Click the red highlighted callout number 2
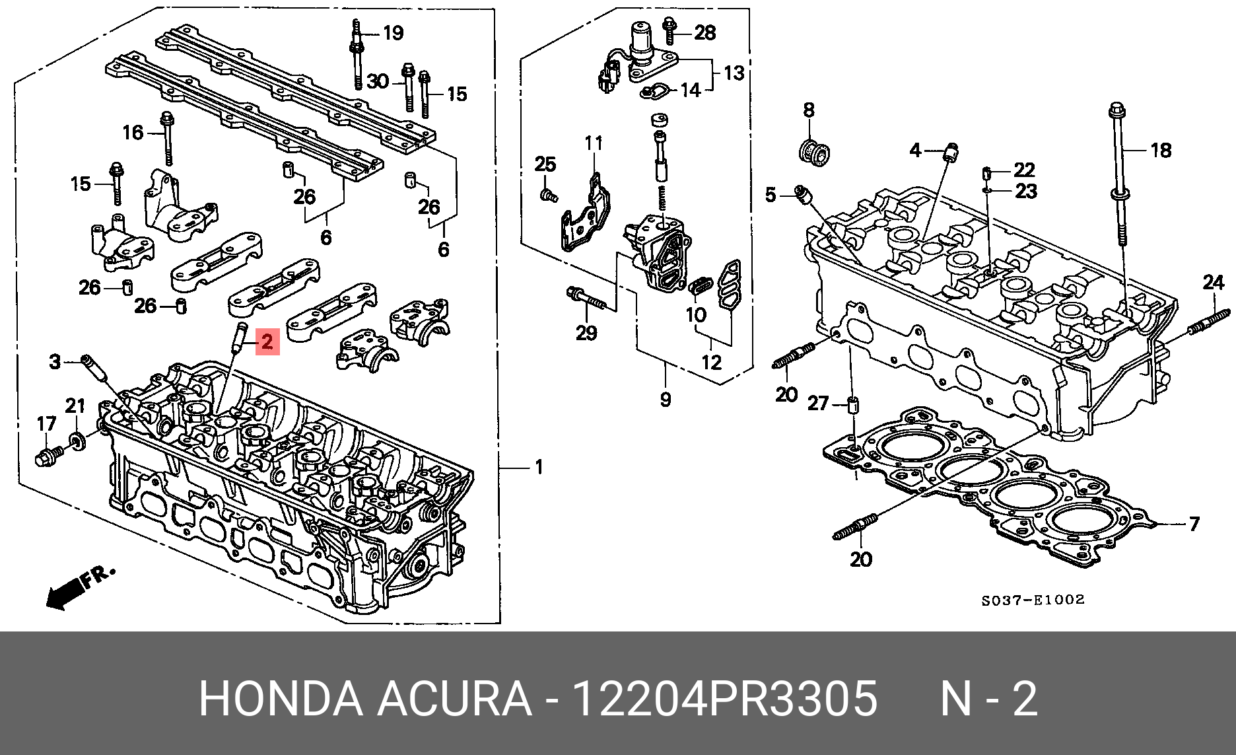point(267,342)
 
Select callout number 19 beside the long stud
point(393,32)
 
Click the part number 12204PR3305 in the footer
point(724,698)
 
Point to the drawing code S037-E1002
point(1033,600)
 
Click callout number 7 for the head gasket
point(1194,524)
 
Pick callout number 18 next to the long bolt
point(1161,150)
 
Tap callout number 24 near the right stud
point(1214,283)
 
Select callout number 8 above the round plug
point(809,110)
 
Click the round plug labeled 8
point(814,151)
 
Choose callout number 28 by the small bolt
point(705,32)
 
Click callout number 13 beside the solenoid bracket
point(734,73)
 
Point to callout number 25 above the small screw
point(545,164)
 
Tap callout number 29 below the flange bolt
point(586,332)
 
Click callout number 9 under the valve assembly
point(666,399)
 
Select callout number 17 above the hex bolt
point(46,423)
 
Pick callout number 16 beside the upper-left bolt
point(133,132)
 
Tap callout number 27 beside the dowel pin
point(818,403)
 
